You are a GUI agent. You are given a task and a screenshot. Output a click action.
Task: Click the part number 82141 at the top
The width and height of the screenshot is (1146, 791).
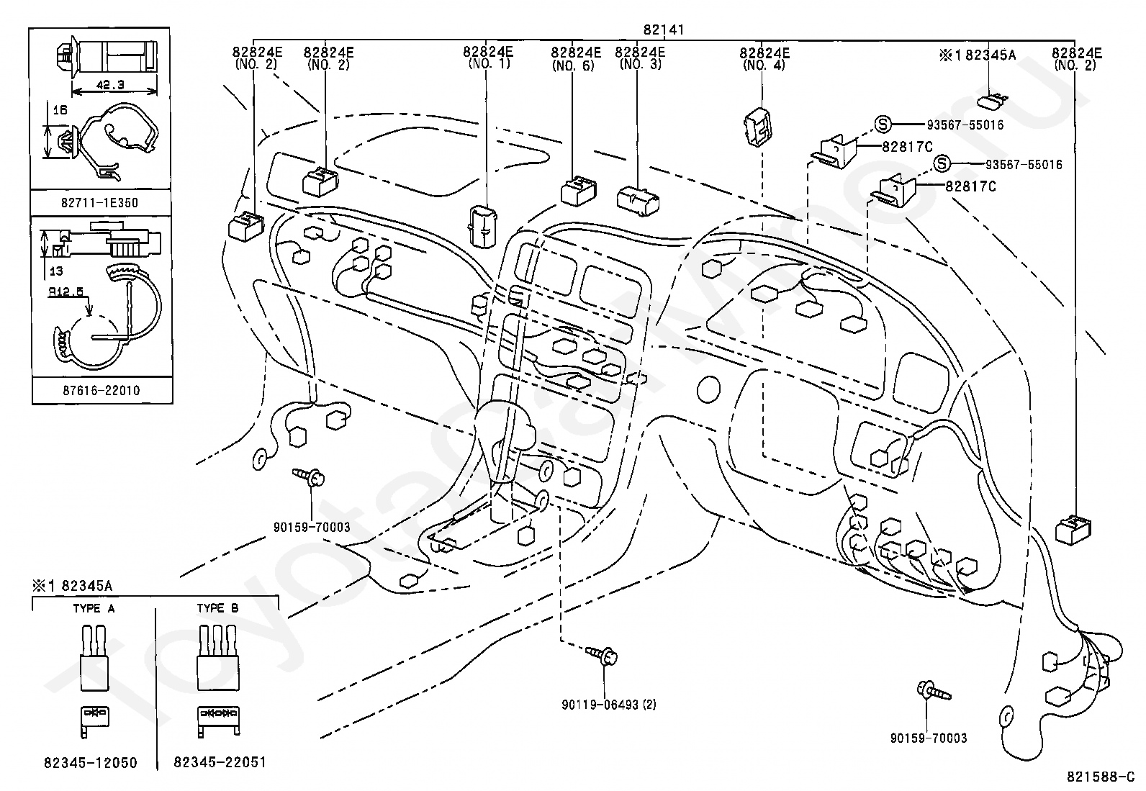pos(664,30)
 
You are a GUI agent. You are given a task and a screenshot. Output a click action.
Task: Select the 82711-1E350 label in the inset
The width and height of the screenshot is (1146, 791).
pos(100,203)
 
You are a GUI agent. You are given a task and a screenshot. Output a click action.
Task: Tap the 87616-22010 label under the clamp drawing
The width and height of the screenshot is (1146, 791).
pos(101,391)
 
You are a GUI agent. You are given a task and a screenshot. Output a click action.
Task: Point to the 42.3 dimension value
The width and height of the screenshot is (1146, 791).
pos(110,84)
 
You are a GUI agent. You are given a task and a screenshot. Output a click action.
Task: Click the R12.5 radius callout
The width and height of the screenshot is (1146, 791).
pos(66,291)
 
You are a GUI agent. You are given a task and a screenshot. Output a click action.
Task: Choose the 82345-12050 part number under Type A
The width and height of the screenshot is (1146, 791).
pos(91,763)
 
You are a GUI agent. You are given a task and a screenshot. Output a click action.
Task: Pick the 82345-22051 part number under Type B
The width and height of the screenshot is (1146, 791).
pos(220,762)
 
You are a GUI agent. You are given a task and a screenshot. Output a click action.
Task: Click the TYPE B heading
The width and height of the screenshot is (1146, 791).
pos(218,608)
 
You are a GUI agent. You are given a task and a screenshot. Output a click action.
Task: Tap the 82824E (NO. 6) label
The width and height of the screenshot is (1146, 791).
pos(576,58)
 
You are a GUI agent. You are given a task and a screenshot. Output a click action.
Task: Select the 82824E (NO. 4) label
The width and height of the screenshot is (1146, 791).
pos(764,58)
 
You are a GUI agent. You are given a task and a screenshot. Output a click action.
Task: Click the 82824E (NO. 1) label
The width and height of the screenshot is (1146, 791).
pos(489,58)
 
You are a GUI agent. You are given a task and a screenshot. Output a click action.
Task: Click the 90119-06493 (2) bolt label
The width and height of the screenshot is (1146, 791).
pos(609,705)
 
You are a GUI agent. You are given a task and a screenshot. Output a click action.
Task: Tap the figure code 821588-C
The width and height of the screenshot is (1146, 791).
pos(1101,777)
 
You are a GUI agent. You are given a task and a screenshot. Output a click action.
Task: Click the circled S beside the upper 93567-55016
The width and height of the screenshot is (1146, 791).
pos(883,124)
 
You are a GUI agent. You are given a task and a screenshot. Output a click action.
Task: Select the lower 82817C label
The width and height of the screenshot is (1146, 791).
pos(970,186)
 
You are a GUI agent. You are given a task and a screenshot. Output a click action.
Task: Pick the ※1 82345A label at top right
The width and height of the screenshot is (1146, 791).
pos(978,55)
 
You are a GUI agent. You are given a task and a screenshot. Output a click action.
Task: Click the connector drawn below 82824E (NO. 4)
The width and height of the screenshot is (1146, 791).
pos(758,127)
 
